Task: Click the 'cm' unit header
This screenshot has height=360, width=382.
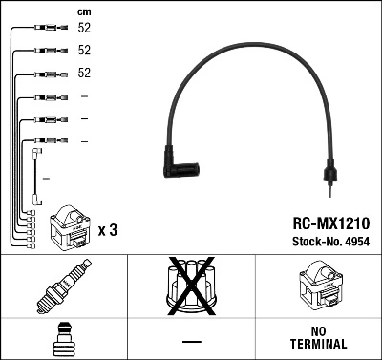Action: tap(84, 11)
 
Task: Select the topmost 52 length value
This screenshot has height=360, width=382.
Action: tap(84, 29)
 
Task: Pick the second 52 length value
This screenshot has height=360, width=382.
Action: tap(84, 51)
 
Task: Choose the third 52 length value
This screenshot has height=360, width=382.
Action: tap(84, 74)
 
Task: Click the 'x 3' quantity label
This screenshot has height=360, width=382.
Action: tap(107, 230)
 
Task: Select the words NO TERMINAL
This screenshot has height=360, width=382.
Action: tap(318, 337)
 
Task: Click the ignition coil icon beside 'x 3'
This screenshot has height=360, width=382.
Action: tap(69, 226)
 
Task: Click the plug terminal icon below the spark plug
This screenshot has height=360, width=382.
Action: tap(63, 338)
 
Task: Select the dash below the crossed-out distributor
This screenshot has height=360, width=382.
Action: tap(190, 339)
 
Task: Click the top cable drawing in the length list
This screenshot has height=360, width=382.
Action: tap(47, 29)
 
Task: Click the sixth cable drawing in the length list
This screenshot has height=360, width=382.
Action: tap(47, 141)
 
